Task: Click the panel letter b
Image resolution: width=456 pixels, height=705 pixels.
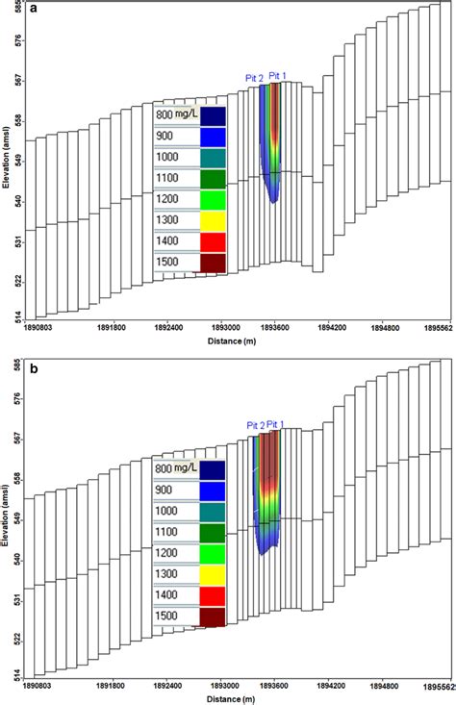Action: click(x=34, y=365)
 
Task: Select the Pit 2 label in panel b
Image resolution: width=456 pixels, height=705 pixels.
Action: click(x=256, y=424)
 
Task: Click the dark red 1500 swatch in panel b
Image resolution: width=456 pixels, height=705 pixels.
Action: click(x=213, y=617)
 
